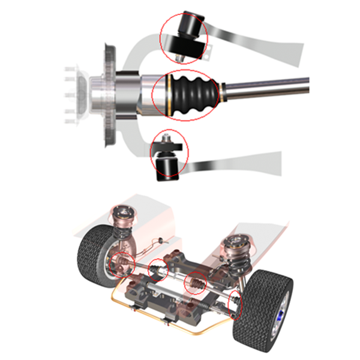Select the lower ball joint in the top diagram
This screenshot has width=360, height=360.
coord(167,159)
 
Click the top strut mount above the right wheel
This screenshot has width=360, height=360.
coord(235,242)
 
